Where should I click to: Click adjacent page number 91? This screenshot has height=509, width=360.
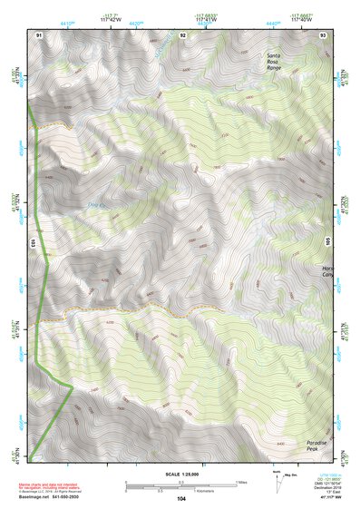[x=39, y=34]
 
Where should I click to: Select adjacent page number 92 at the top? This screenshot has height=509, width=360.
[x=182, y=34]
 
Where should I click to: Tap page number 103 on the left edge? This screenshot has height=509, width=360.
[x=32, y=243]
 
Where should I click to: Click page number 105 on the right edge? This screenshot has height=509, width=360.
[x=328, y=243]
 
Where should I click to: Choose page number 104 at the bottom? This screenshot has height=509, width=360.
[x=181, y=499]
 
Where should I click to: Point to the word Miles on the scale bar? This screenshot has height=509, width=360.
[x=241, y=482]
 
